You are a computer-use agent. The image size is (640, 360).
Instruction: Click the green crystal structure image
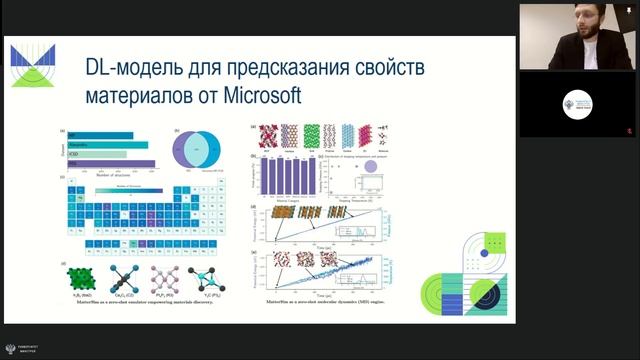coord(87,276)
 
